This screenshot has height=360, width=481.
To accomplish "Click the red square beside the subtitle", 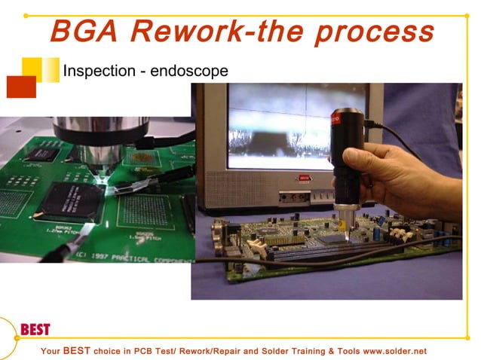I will click(x=21, y=87).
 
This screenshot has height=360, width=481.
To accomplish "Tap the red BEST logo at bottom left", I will click(x=35, y=329).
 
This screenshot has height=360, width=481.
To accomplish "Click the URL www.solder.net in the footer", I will click(x=384, y=351).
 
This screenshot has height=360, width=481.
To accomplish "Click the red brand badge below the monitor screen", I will click(x=304, y=178).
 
